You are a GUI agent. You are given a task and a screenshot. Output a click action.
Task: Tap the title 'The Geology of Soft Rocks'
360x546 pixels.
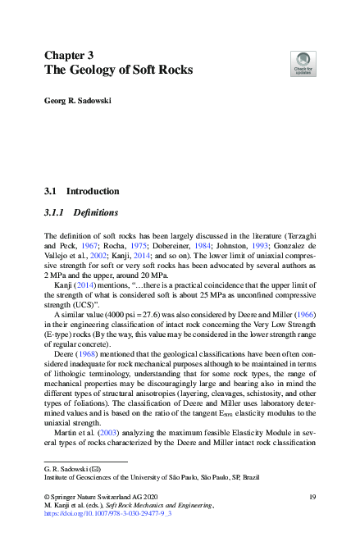click(x=118, y=70)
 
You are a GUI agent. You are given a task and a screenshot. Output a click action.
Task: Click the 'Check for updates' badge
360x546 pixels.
click(x=303, y=63)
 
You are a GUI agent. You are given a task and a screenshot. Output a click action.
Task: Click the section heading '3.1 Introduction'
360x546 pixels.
click(x=81, y=191)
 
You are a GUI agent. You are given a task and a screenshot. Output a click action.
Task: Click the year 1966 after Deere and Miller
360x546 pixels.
click(x=304, y=315)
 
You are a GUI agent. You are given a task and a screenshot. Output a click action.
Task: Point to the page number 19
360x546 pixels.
click(x=312, y=497)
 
